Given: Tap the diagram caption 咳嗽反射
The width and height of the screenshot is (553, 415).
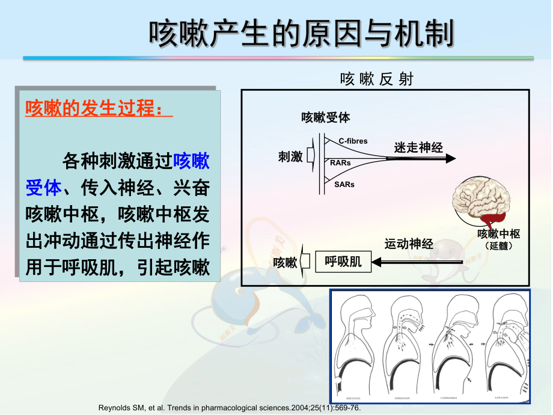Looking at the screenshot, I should [376, 79].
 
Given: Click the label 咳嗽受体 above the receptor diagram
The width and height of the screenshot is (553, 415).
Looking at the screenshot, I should [325, 117].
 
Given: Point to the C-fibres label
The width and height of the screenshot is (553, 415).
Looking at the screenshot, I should [353, 141].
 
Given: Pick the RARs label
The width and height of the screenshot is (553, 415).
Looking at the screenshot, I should [341, 163].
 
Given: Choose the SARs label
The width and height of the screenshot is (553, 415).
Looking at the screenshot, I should [344, 185].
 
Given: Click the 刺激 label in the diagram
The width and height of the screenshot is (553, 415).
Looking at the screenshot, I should [290, 156].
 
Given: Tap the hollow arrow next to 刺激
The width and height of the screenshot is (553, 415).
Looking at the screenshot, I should [311, 156].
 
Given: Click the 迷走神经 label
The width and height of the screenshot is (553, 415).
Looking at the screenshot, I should [418, 147].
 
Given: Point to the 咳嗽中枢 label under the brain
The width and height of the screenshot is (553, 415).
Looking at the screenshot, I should [498, 234].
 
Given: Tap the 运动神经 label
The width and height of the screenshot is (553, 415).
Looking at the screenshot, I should [409, 244].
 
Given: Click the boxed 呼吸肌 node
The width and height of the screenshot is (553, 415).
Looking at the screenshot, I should [343, 262].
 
